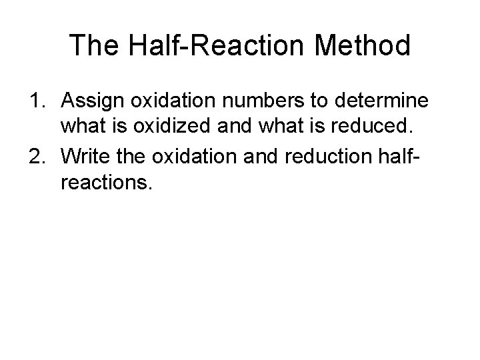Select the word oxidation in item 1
pyautogui.click(x=173, y=102)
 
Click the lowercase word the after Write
pyautogui.click(x=130, y=158)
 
